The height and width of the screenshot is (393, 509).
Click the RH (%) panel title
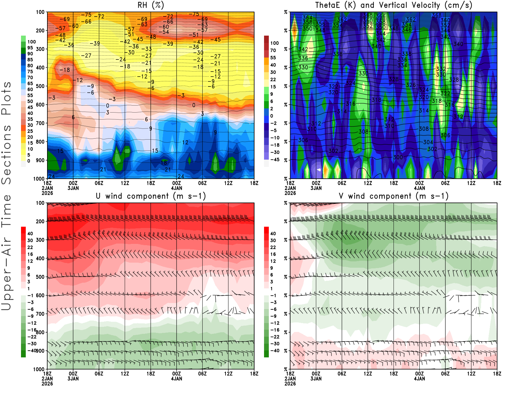coord(150,5)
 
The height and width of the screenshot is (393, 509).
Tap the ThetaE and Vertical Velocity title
coord(394,5)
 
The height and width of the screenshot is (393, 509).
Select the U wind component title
coord(151,196)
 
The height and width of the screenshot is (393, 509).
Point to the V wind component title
coord(394,196)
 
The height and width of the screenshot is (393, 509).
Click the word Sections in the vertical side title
coord(6,155)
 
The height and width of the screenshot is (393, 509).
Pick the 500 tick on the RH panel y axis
coord(40,86)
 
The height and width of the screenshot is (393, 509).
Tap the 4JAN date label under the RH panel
coord(177,188)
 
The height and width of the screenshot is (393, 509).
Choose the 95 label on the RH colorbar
coord(30,48)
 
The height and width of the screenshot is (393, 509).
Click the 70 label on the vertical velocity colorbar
coord(273,50)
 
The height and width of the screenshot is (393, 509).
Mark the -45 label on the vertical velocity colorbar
coord(275,160)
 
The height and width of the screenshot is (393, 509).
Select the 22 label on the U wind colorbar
coord(30,247)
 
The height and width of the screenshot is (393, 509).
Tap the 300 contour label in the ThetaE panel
coord(398,157)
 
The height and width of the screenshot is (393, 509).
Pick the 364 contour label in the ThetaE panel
coord(308,17)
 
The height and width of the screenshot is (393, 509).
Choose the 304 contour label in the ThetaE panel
coord(428,142)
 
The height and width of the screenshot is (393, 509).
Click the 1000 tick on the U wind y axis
coord(39,369)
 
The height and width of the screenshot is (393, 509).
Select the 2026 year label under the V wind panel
coord(290,383)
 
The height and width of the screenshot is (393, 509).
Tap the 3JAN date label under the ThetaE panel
coord(316,188)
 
